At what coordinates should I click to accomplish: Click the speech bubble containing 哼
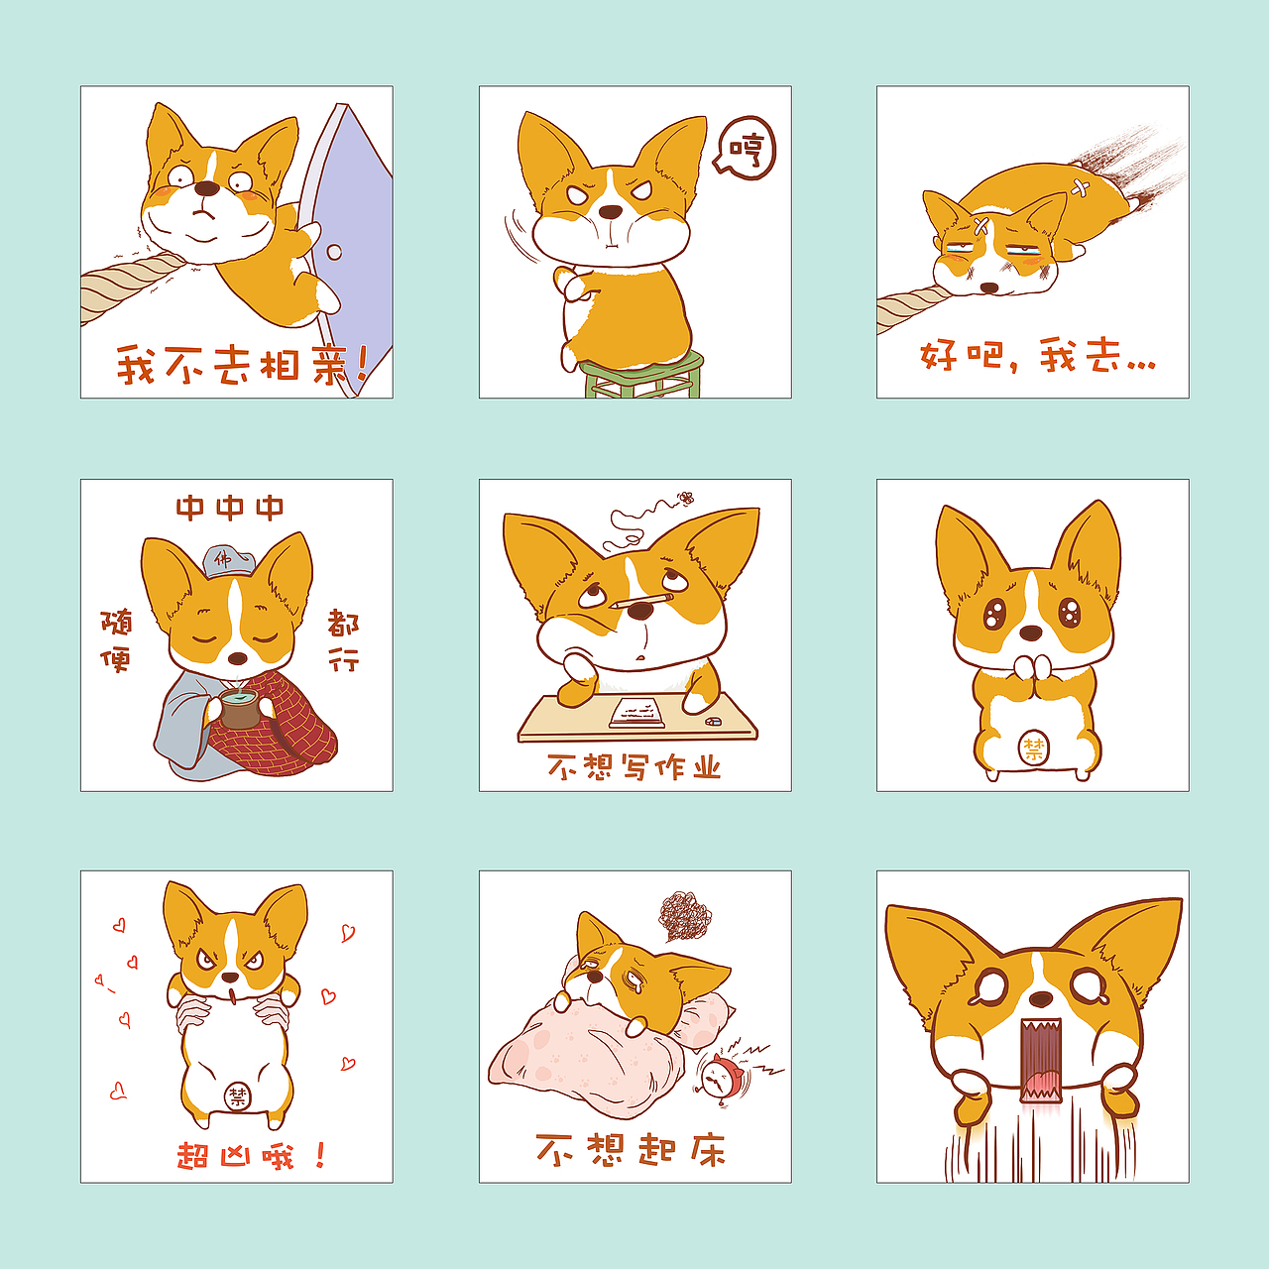coord(746,149)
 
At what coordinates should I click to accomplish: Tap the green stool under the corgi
coord(642,376)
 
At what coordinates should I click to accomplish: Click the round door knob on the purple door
coord(334,252)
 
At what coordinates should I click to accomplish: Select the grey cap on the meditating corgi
coord(228,561)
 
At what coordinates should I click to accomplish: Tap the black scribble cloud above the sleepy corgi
coord(685,915)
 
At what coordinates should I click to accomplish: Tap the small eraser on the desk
coord(713,722)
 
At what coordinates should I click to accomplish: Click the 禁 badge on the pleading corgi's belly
coord(1033,749)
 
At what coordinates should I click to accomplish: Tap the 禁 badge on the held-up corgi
coord(238,1096)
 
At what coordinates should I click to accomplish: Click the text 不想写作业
coord(634,767)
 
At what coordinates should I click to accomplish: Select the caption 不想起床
coord(631,1150)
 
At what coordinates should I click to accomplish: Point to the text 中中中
coord(230,509)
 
